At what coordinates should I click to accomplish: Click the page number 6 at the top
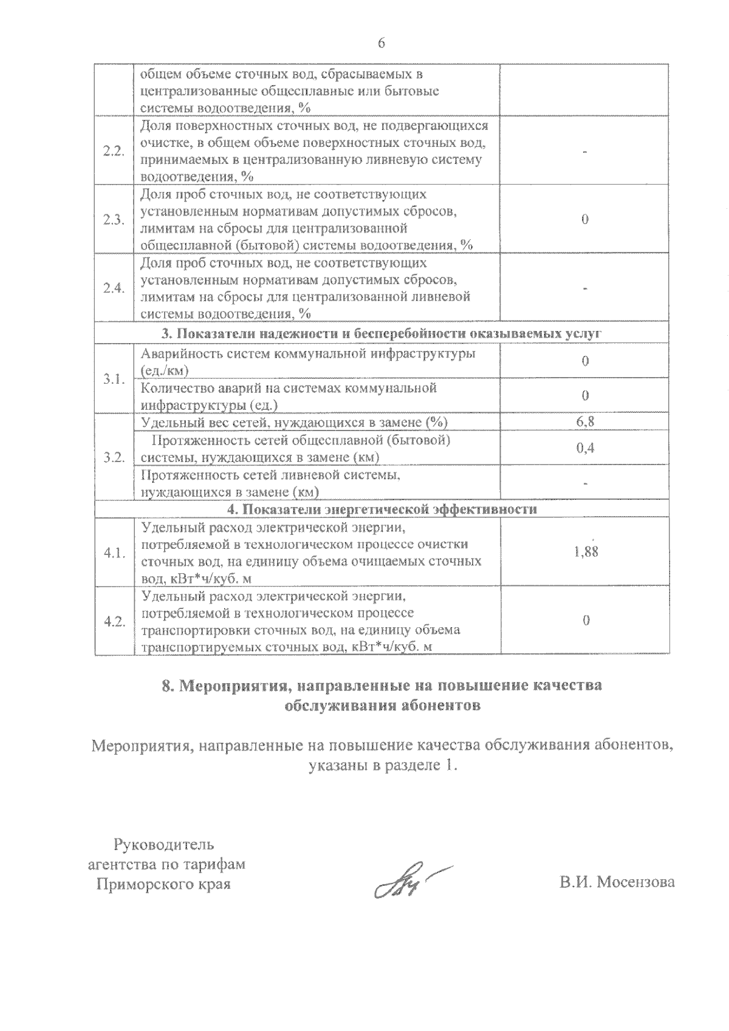pos(382,43)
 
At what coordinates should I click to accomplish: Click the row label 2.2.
pos(114,151)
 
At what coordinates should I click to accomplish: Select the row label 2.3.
pos(114,220)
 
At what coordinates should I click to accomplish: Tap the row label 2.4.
pos(114,288)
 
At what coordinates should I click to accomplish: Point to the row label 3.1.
pos(114,379)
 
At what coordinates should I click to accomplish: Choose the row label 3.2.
pos(114,457)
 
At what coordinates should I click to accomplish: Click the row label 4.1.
pos(114,553)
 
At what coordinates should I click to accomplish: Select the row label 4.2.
pos(114,622)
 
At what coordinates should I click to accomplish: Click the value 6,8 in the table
pos(585,422)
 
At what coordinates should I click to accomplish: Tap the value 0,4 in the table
pos(585,448)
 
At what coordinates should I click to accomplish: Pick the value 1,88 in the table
pos(586,553)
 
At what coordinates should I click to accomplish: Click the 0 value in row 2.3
pos(585,220)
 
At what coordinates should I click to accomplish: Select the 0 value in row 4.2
pos(585,621)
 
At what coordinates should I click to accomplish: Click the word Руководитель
pos(164,844)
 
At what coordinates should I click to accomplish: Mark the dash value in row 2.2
pos(585,151)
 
